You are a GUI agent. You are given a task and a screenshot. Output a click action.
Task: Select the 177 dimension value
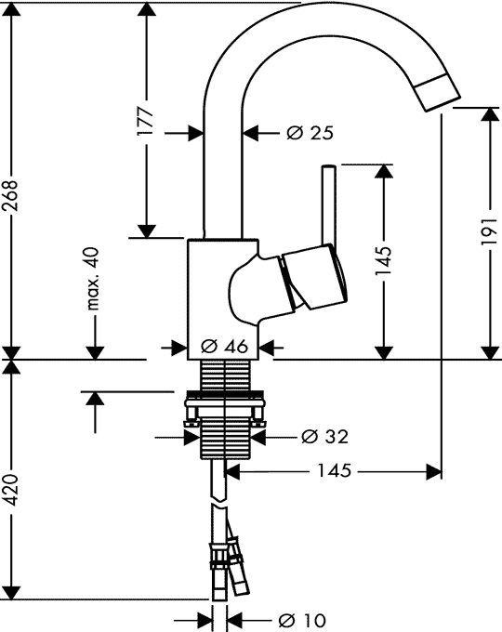point(145,124)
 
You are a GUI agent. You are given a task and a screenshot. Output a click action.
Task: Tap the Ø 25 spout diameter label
point(309,134)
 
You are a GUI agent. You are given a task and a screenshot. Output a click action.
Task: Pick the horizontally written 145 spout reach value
point(334,471)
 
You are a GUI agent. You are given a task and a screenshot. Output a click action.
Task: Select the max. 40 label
point(94,280)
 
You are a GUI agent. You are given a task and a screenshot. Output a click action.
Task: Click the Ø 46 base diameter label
point(223,347)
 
